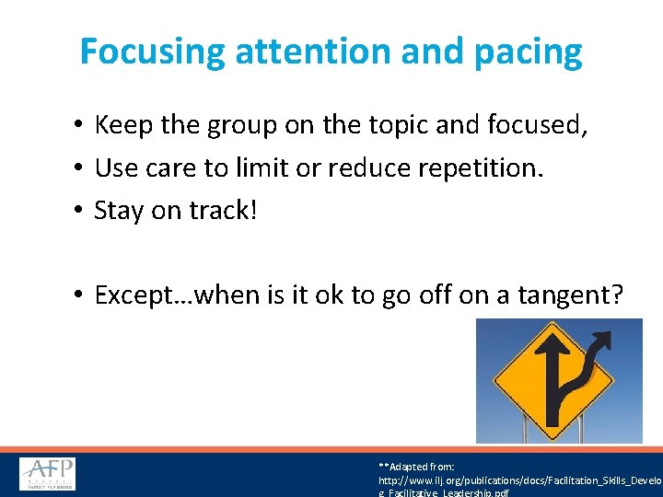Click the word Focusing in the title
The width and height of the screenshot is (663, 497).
[152, 52]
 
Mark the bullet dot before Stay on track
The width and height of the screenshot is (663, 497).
[81, 211]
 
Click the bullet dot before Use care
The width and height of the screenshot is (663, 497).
[81, 168]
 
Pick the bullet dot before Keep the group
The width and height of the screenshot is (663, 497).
[81, 125]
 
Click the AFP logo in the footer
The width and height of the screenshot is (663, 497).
[48, 474]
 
